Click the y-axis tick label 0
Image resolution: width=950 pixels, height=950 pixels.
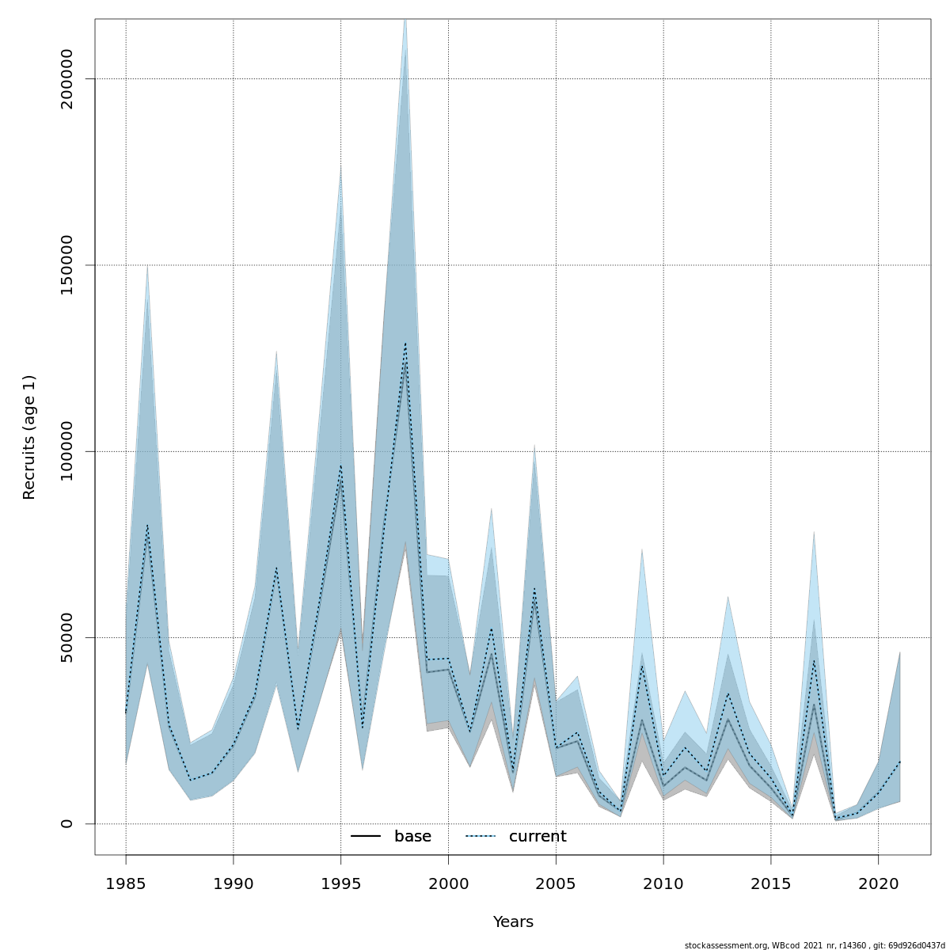click(x=66, y=823)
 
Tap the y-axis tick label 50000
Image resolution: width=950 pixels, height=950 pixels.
click(x=66, y=637)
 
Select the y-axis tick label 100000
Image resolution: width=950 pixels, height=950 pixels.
click(x=66, y=451)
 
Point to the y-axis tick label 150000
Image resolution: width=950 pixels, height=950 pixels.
click(x=66, y=265)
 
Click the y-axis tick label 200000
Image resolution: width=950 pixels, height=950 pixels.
click(x=66, y=79)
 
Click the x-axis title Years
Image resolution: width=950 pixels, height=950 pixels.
click(x=513, y=922)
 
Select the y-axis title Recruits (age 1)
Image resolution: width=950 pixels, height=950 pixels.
click(x=29, y=437)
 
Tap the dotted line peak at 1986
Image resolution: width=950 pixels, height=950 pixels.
click(x=147, y=525)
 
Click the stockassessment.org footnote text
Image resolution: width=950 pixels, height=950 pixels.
click(x=815, y=945)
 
